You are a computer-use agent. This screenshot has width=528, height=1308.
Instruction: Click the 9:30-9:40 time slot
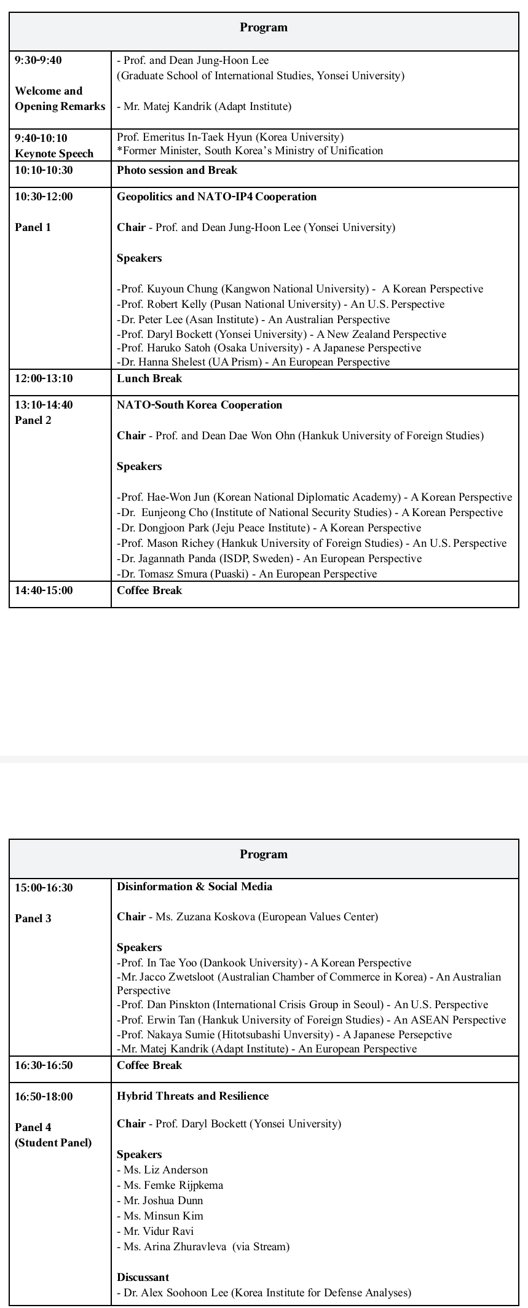[38, 60]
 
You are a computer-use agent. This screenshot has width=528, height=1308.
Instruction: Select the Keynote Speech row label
[54, 154]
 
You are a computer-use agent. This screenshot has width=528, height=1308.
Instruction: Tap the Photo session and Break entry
[177, 170]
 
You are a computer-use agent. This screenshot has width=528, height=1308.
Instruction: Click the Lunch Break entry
[149, 378]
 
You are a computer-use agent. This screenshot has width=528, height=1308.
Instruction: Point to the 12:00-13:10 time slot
[44, 378]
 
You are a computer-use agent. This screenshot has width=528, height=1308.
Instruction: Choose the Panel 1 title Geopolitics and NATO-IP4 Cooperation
[216, 197]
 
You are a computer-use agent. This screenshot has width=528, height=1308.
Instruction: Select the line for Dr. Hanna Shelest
[253, 362]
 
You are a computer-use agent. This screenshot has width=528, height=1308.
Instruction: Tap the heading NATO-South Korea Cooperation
[199, 405]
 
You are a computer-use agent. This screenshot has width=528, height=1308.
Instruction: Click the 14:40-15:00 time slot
[44, 590]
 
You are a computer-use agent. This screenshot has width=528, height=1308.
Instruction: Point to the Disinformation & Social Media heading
[194, 887]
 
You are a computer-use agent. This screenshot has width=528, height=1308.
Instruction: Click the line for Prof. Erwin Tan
[311, 1020]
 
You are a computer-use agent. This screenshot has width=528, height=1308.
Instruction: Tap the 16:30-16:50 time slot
[44, 1065]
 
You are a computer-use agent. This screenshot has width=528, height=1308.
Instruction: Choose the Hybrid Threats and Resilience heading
[192, 1096]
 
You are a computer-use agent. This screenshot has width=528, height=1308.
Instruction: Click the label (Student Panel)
[53, 1143]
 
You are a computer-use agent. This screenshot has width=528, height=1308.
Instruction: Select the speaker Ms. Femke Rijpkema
[170, 1185]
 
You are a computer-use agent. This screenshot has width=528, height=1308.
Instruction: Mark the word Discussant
[143, 1277]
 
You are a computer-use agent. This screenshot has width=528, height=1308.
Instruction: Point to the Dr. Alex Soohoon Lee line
[264, 1293]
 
